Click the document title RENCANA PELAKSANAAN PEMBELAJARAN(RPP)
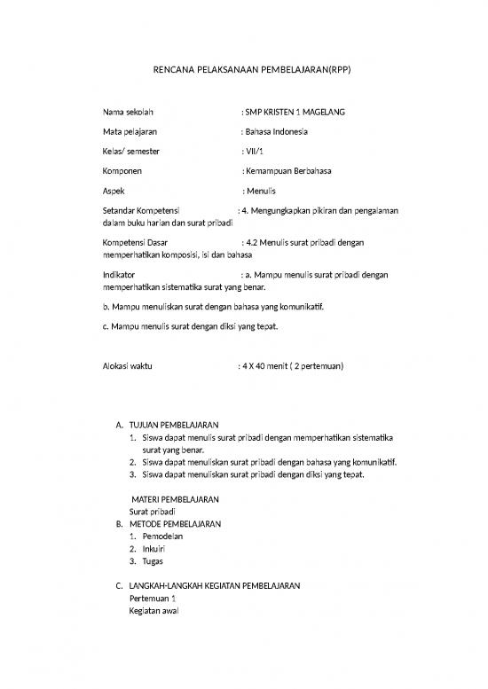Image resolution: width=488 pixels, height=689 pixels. pyautogui.click(x=242, y=69)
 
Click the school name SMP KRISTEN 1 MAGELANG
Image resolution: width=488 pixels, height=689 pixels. pyautogui.click(x=295, y=113)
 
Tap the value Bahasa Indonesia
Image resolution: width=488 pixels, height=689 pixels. pyautogui.click(x=278, y=132)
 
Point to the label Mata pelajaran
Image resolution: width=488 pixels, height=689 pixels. pyautogui.click(x=130, y=132)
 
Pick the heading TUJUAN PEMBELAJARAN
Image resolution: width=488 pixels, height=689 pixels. pyautogui.click(x=174, y=425)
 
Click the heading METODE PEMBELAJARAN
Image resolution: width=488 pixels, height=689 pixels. pyautogui.click(x=175, y=524)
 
